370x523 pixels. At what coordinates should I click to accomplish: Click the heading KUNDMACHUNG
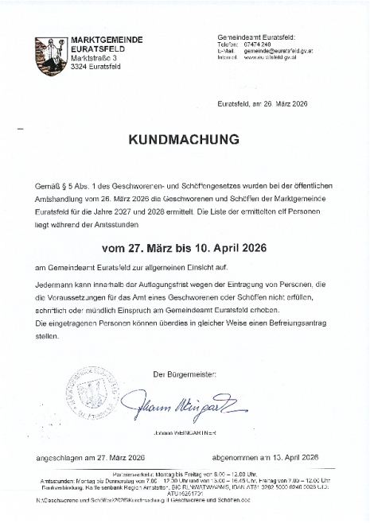pos(184,139)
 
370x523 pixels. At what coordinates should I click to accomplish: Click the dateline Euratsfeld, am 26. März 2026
pos(262,104)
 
